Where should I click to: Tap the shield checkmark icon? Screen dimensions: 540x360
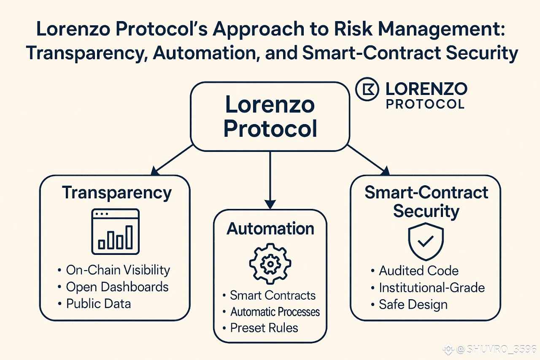coord(426,242)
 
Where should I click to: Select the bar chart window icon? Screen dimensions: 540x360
coord(115,231)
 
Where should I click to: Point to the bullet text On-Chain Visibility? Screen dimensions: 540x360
coord(118,270)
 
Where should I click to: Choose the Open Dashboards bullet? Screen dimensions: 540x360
coord(117,287)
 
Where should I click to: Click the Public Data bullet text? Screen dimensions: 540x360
coord(98,304)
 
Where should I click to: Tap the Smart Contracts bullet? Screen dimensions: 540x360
coord(273,295)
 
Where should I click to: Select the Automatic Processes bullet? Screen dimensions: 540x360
coord(275,312)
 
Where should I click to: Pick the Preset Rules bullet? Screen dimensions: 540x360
coord(264,328)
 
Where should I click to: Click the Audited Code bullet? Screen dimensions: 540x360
coord(418,271)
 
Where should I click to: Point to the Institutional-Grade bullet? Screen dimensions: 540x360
coord(432,288)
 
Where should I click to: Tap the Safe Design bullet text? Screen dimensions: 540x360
coord(413,305)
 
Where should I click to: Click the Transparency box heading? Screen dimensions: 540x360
coord(117,193)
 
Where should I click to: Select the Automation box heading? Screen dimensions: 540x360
coord(270,229)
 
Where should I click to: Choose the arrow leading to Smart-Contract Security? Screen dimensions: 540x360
coord(368,160)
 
